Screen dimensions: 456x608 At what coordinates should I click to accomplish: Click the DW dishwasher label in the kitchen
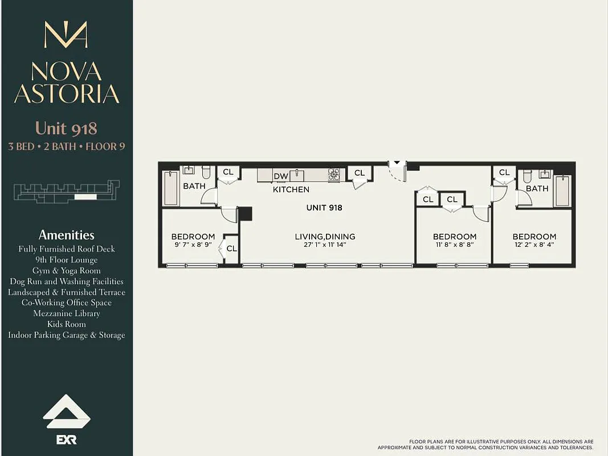(281, 176)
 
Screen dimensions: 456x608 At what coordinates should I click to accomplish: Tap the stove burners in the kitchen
(334, 174)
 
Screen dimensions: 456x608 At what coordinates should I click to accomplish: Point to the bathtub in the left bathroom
(171, 188)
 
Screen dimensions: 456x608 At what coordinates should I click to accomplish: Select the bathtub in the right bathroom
(562, 190)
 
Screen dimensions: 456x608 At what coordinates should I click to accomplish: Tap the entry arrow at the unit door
(398, 164)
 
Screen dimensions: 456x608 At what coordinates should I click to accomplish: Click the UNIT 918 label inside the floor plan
(324, 207)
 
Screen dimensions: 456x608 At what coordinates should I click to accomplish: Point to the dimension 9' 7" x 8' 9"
(193, 245)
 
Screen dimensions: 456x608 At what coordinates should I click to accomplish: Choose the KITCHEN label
(291, 189)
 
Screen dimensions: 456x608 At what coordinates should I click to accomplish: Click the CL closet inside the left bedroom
(231, 249)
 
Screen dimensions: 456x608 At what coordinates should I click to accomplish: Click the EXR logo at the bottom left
(67, 439)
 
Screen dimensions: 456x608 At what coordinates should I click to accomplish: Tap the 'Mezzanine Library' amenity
(67, 313)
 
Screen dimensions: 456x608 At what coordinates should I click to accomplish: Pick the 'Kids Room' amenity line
(67, 324)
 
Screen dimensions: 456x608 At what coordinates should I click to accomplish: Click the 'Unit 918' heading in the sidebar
(67, 128)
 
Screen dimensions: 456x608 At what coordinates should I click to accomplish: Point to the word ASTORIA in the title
(67, 93)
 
